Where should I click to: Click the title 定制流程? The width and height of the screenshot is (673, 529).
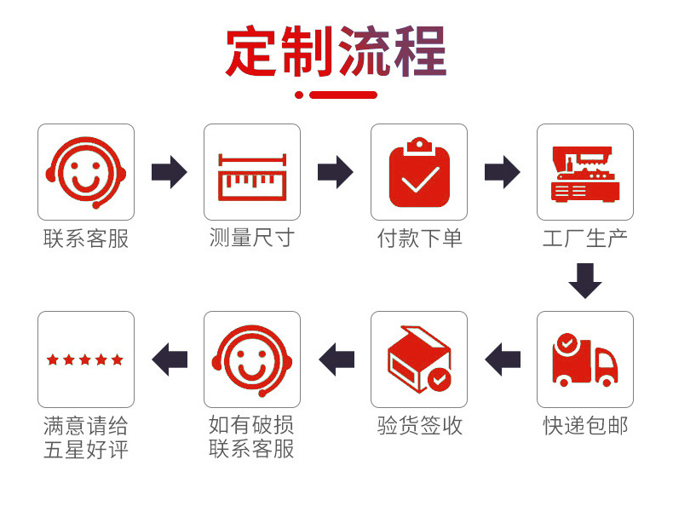tap(336, 52)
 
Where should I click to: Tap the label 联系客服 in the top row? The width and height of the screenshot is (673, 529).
tap(85, 239)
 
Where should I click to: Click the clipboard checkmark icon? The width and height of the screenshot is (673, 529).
tap(419, 174)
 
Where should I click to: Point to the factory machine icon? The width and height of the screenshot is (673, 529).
tap(585, 174)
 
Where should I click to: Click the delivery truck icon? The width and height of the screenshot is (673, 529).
tap(585, 359)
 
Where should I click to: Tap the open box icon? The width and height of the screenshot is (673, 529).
tap(419, 359)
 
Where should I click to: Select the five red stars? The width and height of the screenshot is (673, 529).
tap(85, 359)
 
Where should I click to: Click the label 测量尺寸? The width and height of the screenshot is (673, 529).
tap(252, 239)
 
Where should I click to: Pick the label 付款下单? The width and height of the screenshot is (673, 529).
tap(419, 239)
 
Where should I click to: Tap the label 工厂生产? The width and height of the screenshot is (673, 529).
tap(585, 239)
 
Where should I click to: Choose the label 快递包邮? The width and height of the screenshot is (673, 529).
tap(585, 425)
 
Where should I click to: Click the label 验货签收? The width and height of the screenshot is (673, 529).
tap(419, 425)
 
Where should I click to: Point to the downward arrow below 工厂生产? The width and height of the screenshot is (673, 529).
tap(585, 280)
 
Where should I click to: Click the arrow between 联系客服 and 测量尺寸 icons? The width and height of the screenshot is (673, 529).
tap(169, 172)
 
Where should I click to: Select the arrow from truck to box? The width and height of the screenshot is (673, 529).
tap(503, 359)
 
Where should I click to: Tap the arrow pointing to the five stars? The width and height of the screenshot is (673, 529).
tap(170, 359)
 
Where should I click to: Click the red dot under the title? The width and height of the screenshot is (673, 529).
tap(299, 95)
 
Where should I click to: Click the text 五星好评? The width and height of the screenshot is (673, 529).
tap(85, 449)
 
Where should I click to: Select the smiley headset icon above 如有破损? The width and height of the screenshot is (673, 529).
tap(252, 359)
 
